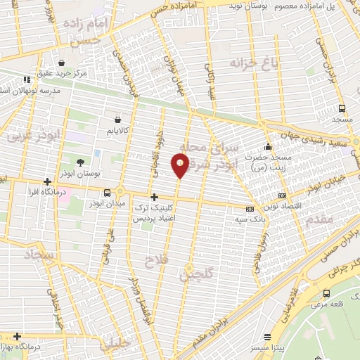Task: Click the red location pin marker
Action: coord(180,165)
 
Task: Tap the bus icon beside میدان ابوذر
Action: coord(107,193)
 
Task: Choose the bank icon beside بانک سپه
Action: coord(250,209)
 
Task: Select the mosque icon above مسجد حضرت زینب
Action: coord(268,148)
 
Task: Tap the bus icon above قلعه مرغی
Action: coord(326,293)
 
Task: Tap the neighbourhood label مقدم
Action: coord(320,220)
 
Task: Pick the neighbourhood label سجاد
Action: coord(41,255)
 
